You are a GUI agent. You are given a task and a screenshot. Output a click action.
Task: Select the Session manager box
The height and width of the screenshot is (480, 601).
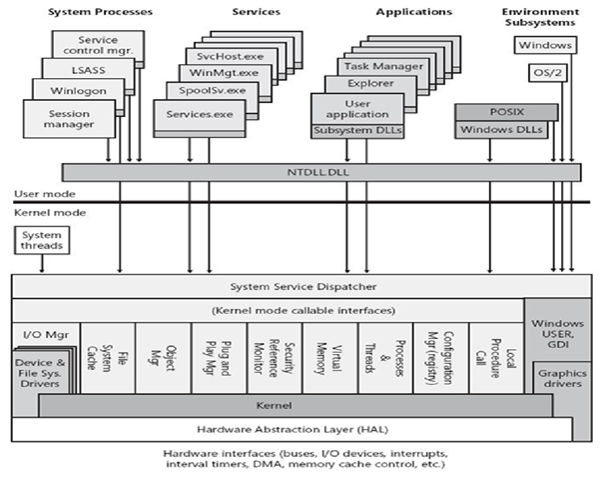click(x=69, y=120)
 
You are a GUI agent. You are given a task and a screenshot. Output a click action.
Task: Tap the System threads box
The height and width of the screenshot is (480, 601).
click(x=40, y=240)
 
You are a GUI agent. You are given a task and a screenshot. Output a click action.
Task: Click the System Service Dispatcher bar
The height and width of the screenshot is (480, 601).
click(x=270, y=286)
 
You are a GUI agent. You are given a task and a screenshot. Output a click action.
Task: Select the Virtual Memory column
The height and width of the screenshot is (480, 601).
click(x=329, y=355)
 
